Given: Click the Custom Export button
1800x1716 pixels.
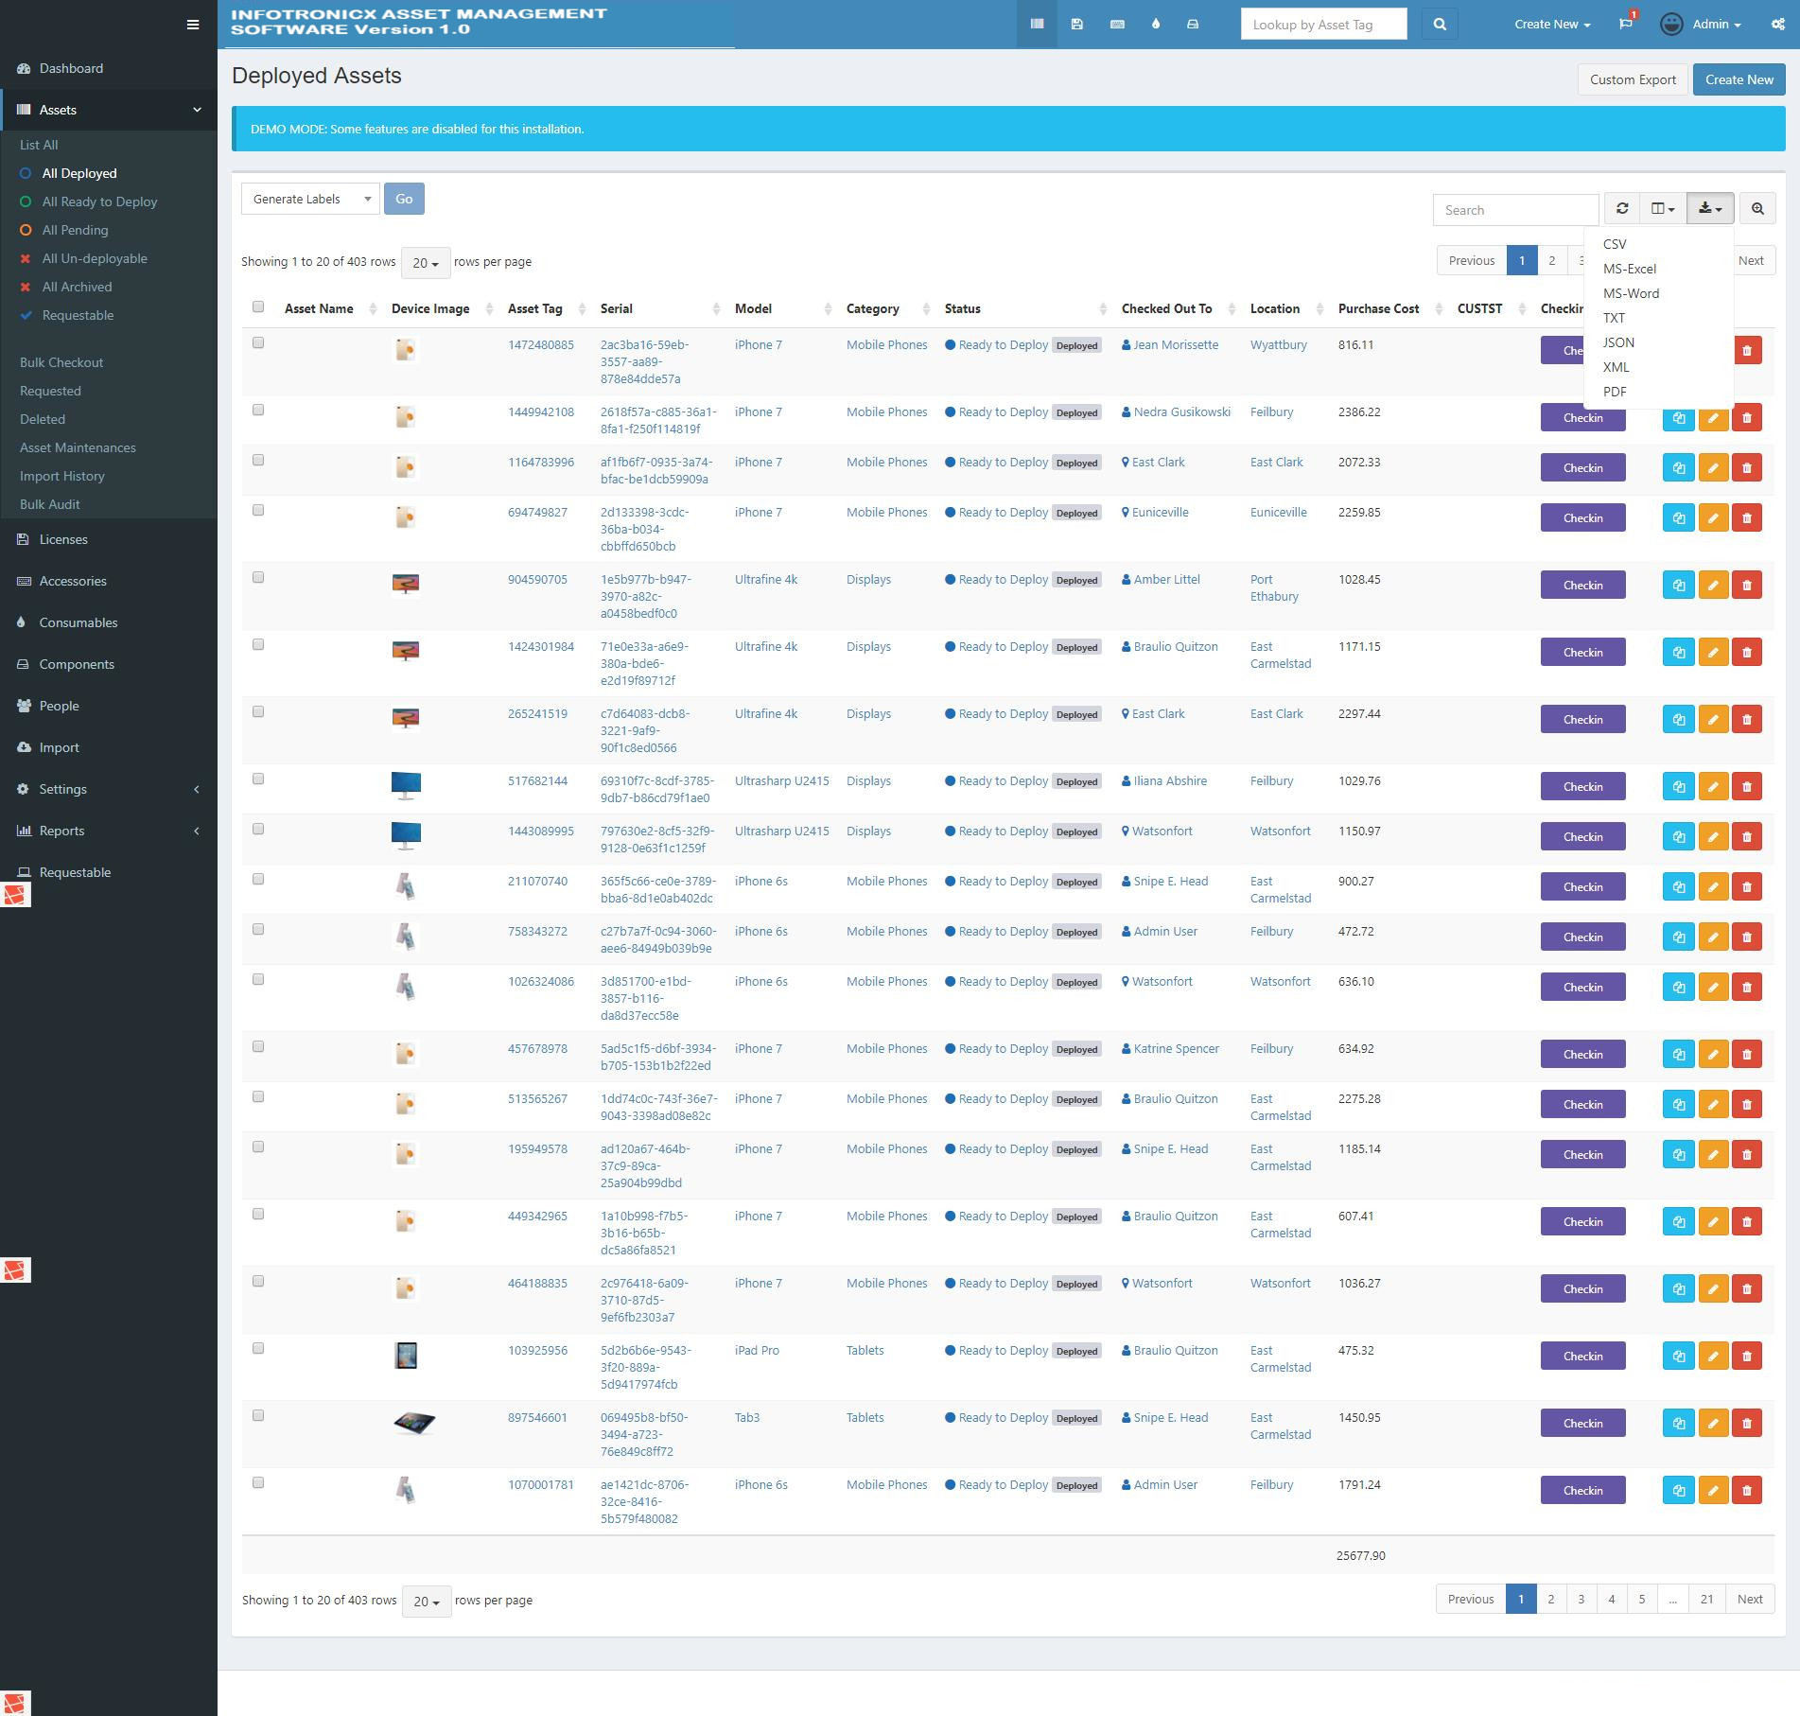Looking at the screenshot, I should pyautogui.click(x=1633, y=79).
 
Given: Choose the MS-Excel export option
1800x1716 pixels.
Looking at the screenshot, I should pyautogui.click(x=1629, y=269).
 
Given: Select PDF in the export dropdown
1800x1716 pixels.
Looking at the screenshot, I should pyautogui.click(x=1615, y=392).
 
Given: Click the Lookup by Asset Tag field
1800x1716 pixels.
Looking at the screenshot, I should pyautogui.click(x=1323, y=25).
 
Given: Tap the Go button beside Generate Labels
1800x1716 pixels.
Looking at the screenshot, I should pyautogui.click(x=404, y=199).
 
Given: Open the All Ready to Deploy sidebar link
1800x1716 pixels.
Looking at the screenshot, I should pyautogui.click(x=99, y=201).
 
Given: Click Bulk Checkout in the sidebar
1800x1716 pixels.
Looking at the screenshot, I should pyautogui.click(x=61, y=362).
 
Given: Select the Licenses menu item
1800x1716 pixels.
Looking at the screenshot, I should pyautogui.click(x=63, y=539).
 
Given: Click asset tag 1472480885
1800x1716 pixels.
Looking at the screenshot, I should pyautogui.click(x=540, y=345).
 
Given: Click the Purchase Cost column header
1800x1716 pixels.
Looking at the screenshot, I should pyautogui.click(x=1378, y=308).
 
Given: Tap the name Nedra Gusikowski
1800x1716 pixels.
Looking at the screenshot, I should pyautogui.click(x=1181, y=412).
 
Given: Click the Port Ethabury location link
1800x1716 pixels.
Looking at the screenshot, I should pyautogui.click(x=1273, y=587).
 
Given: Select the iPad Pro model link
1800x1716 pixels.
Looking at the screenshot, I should pyautogui.click(x=757, y=1351).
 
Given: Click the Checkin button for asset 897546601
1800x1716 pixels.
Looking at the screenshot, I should pyautogui.click(x=1582, y=1424).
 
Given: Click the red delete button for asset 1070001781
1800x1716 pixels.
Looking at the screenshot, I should pyautogui.click(x=1746, y=1491).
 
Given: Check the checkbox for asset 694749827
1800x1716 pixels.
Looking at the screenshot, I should pyautogui.click(x=258, y=511).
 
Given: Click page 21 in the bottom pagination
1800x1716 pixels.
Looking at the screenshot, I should pyautogui.click(x=1706, y=1599).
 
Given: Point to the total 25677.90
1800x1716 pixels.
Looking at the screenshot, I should pyautogui.click(x=1360, y=1555).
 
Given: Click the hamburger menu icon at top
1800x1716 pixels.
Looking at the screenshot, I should pyautogui.click(x=193, y=25).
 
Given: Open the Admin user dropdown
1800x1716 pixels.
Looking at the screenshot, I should pyautogui.click(x=1702, y=25).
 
